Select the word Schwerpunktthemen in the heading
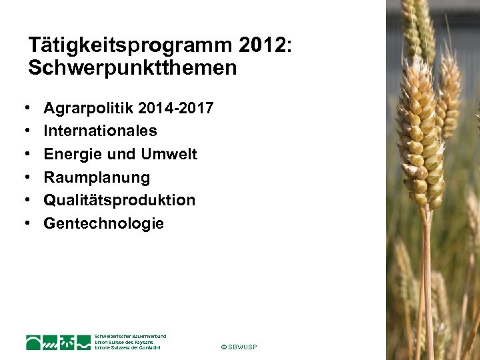132,68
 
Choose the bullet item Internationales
100,131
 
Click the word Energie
71,154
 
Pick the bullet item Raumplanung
97,177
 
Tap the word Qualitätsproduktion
119,200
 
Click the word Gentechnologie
103,223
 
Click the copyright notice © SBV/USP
238,347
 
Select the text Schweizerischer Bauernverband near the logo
130,336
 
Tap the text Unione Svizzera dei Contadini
128,348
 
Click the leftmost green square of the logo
34,343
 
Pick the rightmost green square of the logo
83,343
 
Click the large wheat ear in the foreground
419,133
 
